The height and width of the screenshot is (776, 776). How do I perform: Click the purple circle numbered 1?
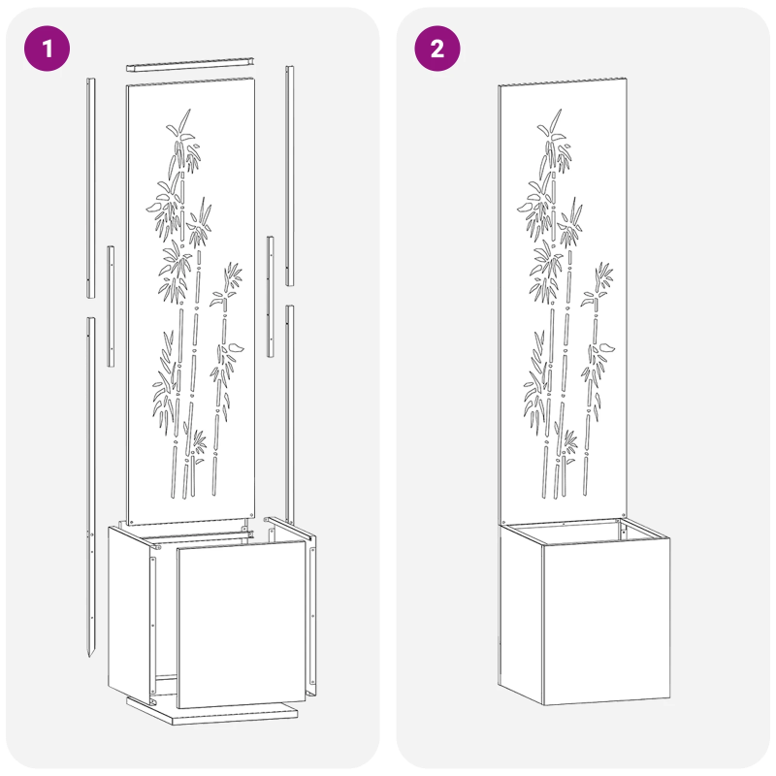tap(47, 48)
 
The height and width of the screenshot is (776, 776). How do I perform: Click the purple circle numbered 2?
tap(437, 48)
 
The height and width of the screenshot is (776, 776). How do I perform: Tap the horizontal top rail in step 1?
tap(190, 64)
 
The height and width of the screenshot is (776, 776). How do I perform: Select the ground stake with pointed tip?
tap(90, 487)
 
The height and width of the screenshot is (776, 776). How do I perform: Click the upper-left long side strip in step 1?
tap(91, 187)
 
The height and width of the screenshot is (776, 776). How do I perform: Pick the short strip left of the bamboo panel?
tap(111, 306)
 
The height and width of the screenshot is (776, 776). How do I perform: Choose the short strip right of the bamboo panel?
tap(271, 297)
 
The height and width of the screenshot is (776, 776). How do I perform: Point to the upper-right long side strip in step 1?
tap(289, 176)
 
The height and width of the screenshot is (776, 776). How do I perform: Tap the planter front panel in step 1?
tap(242, 624)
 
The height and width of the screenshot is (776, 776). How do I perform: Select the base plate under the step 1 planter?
tap(212, 713)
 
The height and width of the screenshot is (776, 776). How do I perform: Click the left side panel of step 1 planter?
tap(129, 612)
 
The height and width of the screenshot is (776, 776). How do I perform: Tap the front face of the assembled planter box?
tap(607, 621)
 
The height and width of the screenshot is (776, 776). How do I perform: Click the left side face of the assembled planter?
tap(521, 614)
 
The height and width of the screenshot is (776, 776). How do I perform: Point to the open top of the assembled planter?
tap(584, 531)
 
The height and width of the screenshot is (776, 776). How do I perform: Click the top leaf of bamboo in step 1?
tap(184, 119)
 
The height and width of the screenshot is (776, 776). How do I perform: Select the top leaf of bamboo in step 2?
tap(555, 119)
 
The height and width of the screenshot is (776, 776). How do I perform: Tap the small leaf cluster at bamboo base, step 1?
tap(199, 445)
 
